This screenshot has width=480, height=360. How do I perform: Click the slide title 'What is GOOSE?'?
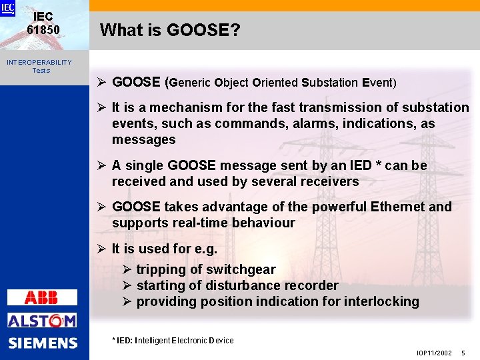coord(170,30)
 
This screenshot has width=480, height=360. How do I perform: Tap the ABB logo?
coord(41,297)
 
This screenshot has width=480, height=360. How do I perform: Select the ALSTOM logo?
coord(42,321)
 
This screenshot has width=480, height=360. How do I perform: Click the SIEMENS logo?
coord(43,343)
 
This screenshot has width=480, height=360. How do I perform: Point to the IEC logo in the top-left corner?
coord(7,8)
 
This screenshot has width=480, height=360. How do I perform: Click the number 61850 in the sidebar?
coord(43,30)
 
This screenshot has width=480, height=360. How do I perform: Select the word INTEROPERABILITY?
coord(39,62)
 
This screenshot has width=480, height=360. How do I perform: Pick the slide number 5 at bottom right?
coord(463,353)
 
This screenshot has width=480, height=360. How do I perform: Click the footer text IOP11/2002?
coord(434,353)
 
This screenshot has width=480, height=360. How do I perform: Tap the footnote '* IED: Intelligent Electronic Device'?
coord(173,341)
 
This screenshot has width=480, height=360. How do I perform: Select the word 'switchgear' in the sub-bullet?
coord(241,269)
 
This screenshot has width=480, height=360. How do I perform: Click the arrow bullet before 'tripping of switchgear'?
coord(127,269)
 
